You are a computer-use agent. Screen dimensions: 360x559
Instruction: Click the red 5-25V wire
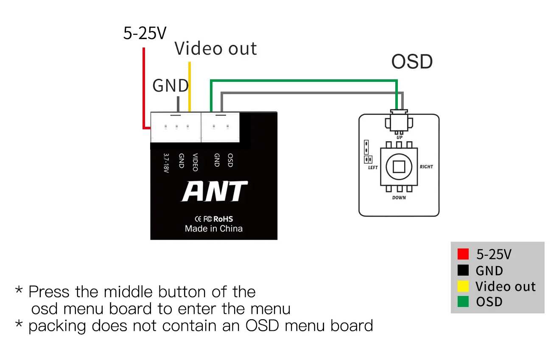(144, 85)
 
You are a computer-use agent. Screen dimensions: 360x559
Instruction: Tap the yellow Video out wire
(190, 85)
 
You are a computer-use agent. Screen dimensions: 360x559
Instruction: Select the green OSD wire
(297, 80)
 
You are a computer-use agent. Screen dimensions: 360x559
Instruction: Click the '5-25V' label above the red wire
(145, 33)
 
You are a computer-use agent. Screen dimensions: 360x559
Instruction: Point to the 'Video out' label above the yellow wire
(215, 49)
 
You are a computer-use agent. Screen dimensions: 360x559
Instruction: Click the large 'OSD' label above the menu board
(412, 62)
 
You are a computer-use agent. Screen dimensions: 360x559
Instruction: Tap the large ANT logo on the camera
(214, 191)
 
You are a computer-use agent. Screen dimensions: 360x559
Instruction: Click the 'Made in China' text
(214, 229)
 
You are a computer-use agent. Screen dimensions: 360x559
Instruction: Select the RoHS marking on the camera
(223, 219)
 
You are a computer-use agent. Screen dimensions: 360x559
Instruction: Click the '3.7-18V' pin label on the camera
(166, 163)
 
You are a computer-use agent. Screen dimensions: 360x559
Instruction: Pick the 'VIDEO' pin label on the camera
(195, 162)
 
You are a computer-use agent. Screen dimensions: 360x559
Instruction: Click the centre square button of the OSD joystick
(399, 167)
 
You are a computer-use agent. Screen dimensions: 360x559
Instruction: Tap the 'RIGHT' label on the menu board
(426, 167)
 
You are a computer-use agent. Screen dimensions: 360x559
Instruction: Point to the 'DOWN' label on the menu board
(399, 198)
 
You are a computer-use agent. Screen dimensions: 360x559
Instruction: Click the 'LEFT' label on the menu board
(373, 167)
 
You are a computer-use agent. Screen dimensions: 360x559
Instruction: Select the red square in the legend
(463, 254)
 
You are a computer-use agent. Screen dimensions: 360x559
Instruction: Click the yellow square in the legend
(463, 286)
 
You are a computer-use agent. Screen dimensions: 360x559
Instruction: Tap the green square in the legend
(463, 302)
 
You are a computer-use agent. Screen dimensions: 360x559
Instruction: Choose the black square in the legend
(463, 270)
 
